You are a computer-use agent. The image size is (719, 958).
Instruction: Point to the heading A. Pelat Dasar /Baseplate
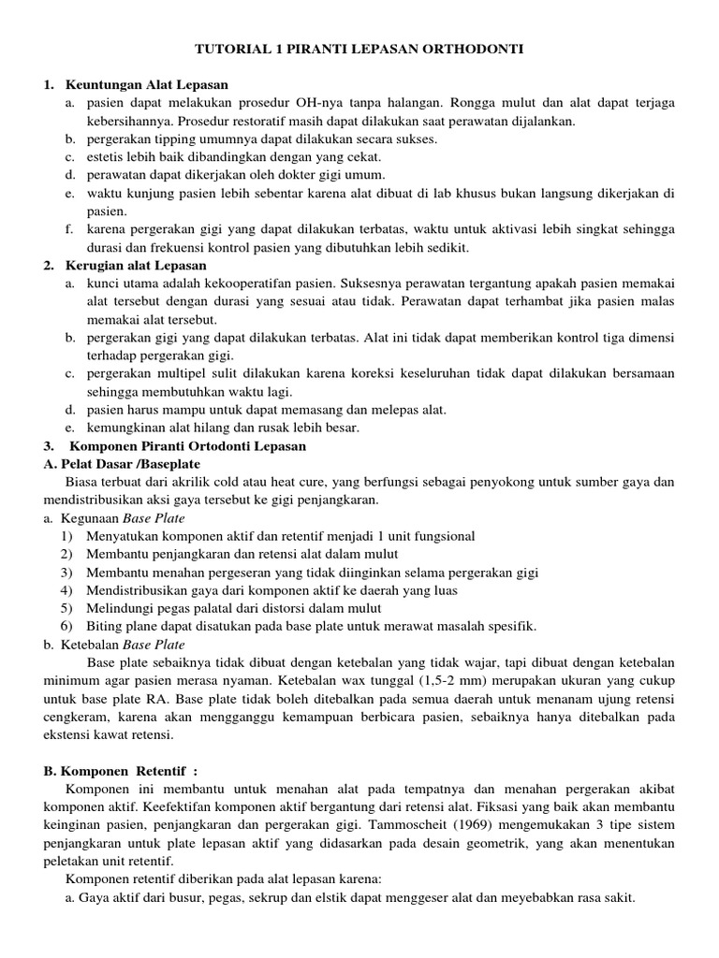122,463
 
